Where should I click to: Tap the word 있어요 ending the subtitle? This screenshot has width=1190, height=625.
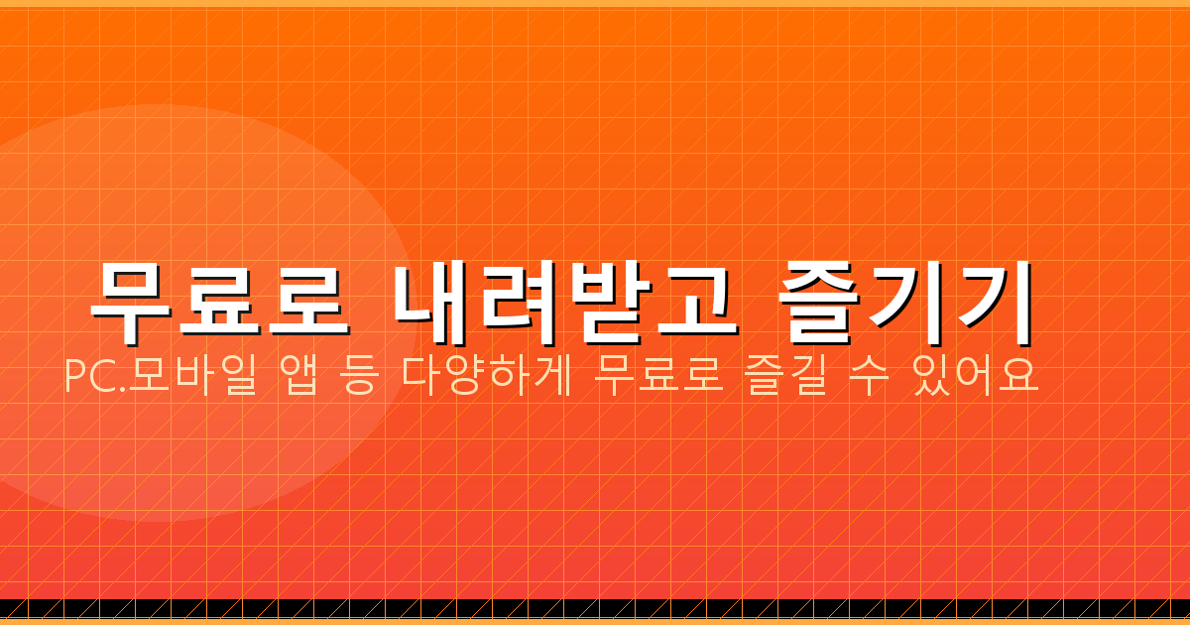click(x=977, y=377)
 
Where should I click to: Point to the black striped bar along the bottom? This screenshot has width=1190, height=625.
click(x=595, y=608)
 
